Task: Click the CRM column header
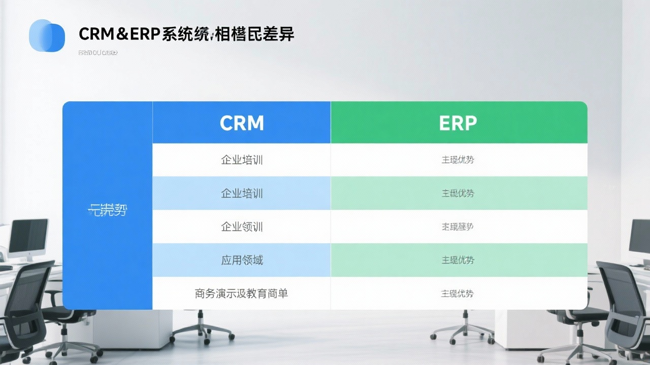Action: pyautogui.click(x=242, y=123)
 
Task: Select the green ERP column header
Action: pyautogui.click(x=458, y=123)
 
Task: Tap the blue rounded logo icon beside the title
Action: pyautogui.click(x=47, y=35)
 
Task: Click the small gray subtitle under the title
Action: pyautogui.click(x=98, y=53)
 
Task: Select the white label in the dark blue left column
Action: pyautogui.click(x=107, y=209)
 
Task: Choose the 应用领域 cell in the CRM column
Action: pyautogui.click(x=242, y=260)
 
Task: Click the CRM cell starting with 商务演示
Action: pyautogui.click(x=241, y=293)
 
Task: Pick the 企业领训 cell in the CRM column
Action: pyautogui.click(x=242, y=227)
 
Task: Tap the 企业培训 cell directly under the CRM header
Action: pyautogui.click(x=242, y=160)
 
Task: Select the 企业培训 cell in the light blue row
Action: pyautogui.click(x=242, y=193)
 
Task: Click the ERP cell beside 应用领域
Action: pyautogui.click(x=458, y=260)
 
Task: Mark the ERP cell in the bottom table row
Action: pyautogui.click(x=458, y=293)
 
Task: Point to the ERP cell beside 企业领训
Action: pyautogui.click(x=458, y=227)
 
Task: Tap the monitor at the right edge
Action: pyautogui.click(x=639, y=236)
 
